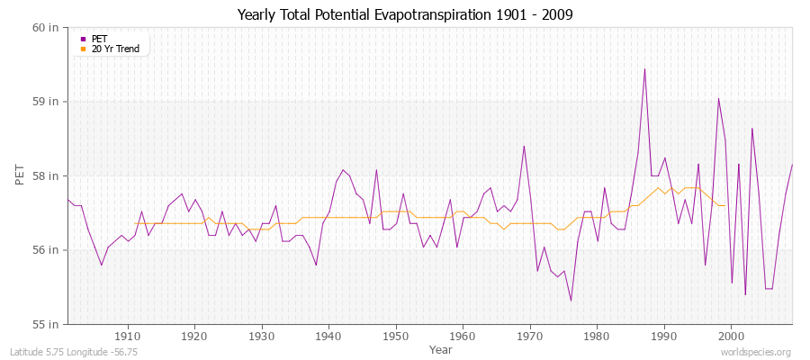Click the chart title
point(404,14)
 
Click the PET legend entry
point(99,39)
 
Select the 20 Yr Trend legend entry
point(115,49)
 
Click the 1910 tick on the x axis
point(127,336)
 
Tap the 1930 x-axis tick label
point(261,336)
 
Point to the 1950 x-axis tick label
point(395,336)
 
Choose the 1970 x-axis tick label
point(529,336)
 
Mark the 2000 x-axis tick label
point(731,336)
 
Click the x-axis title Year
point(441,348)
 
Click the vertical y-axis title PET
point(20,175)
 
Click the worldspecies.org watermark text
point(755,352)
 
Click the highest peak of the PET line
point(644,69)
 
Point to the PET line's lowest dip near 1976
point(571,301)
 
